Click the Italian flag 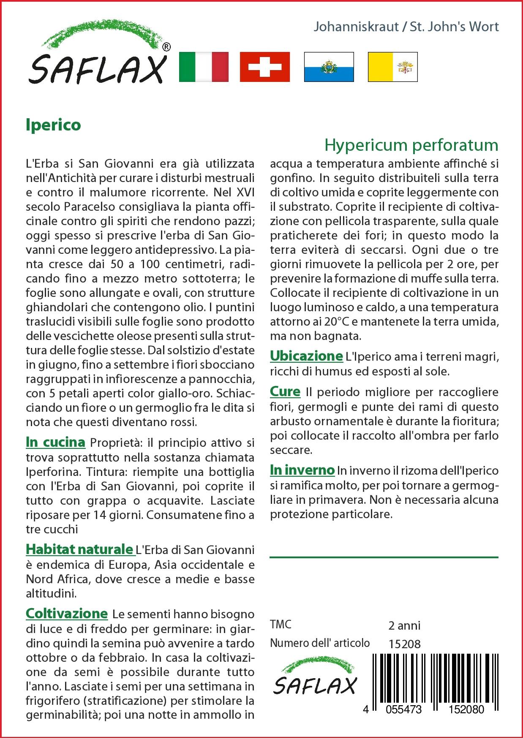click(204, 67)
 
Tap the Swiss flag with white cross click(265, 67)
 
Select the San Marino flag click(329, 67)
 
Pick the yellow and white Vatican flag click(392, 67)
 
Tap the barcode click(436, 678)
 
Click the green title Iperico click(53, 125)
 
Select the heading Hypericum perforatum click(411, 145)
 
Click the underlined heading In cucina click(55, 442)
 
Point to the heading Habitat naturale click(79, 549)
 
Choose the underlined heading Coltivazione click(67, 613)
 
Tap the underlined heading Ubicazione click(306, 356)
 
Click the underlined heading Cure click(285, 392)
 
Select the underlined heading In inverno click(302, 470)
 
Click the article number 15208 click(404, 644)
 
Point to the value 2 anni click(404, 625)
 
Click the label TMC click(281, 625)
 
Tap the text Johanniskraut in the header click(356, 27)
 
